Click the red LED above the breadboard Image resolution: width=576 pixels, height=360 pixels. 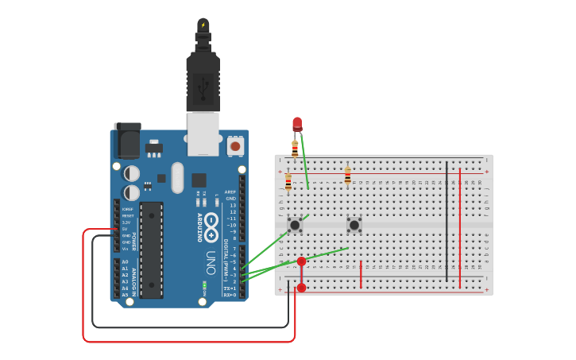pos(297,123)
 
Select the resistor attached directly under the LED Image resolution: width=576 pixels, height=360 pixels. pos(295,148)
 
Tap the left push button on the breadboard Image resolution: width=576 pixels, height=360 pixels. pos(295,225)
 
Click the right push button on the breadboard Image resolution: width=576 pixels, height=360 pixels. pos(354,225)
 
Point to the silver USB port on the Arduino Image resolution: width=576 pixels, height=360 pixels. pos(203,133)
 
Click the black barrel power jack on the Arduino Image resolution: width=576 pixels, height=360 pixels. pos(127,141)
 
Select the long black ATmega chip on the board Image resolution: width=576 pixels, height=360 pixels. pos(151,250)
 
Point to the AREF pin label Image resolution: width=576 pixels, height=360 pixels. pos(230,192)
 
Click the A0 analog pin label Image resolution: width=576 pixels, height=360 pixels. pos(125,261)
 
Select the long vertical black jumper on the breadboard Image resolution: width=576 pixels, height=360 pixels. pos(446,221)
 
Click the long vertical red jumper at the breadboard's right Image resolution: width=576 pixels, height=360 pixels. pos(460,226)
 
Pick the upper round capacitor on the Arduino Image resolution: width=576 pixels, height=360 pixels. pos(132,172)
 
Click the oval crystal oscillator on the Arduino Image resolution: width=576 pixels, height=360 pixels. pos(176,177)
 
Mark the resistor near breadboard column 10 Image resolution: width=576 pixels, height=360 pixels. pos(347,176)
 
